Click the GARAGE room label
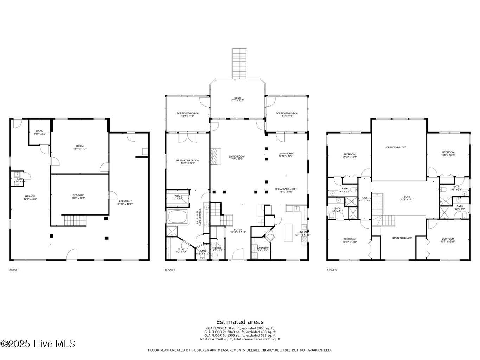30,197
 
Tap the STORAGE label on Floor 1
78,195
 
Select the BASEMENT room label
125,201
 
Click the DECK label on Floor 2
237,98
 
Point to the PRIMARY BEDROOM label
187,161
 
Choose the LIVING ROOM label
236,157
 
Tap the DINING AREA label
286,154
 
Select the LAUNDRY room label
263,248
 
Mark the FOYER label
238,230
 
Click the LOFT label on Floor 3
407,197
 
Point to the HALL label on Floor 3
364,198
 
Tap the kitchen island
288,232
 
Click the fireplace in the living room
214,156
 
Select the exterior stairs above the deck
240,63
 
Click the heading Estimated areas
240,322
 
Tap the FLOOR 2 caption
170,270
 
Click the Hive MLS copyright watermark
38,343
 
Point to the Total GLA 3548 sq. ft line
240,339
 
